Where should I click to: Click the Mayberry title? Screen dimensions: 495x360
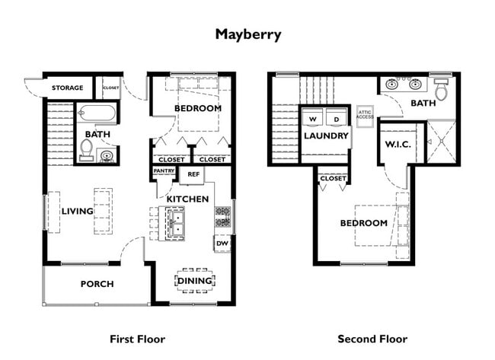pyautogui.click(x=248, y=35)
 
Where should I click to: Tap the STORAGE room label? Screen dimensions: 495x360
pyautogui.click(x=68, y=88)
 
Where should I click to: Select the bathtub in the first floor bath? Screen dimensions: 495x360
pyautogui.click(x=97, y=113)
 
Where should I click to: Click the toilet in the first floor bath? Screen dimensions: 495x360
pyautogui.click(x=86, y=149)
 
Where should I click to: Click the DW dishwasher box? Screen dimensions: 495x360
pyautogui.click(x=222, y=244)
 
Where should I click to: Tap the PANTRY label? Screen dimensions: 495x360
pyautogui.click(x=164, y=170)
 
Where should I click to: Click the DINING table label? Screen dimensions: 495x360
pyautogui.click(x=195, y=281)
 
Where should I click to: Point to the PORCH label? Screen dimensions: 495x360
pyautogui.click(x=97, y=284)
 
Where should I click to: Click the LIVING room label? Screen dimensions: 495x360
pyautogui.click(x=78, y=211)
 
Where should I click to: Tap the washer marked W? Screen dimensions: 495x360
pyautogui.click(x=312, y=117)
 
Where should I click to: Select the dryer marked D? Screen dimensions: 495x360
pyautogui.click(x=337, y=117)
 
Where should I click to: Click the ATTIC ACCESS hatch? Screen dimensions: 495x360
pyautogui.click(x=365, y=116)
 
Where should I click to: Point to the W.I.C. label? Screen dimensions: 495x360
pyautogui.click(x=398, y=145)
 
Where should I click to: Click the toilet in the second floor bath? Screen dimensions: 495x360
pyautogui.click(x=441, y=88)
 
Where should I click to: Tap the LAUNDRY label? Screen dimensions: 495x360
pyautogui.click(x=326, y=136)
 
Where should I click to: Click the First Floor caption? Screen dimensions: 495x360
pyautogui.click(x=137, y=339)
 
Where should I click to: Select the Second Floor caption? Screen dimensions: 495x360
pyautogui.click(x=372, y=339)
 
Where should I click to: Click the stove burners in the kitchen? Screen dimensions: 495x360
pyautogui.click(x=223, y=217)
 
